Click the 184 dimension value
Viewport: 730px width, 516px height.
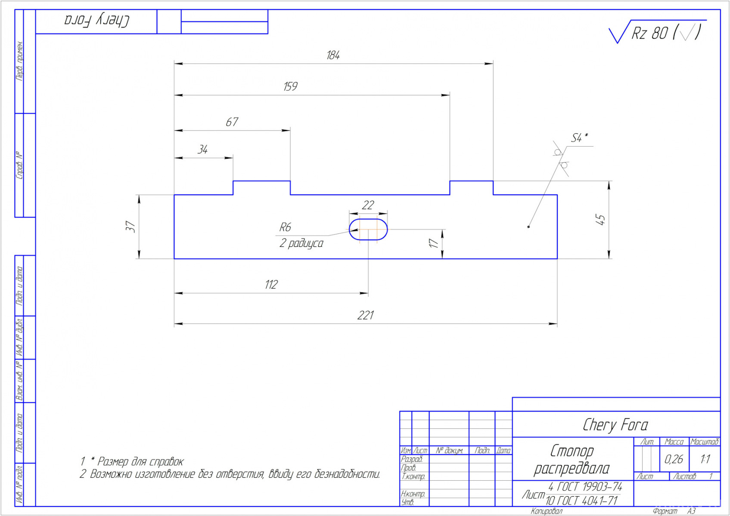(x=333, y=55)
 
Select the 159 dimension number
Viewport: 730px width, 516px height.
(x=290, y=86)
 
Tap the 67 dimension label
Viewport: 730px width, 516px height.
(x=232, y=122)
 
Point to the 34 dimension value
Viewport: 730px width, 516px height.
(x=203, y=149)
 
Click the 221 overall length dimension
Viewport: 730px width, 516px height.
(x=366, y=315)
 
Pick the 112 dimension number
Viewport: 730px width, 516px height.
(x=271, y=284)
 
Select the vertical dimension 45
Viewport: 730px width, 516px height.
(x=600, y=219)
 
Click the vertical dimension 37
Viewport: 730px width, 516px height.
(x=130, y=227)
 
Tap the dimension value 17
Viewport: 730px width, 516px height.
(x=433, y=243)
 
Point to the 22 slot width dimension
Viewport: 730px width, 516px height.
(x=368, y=205)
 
